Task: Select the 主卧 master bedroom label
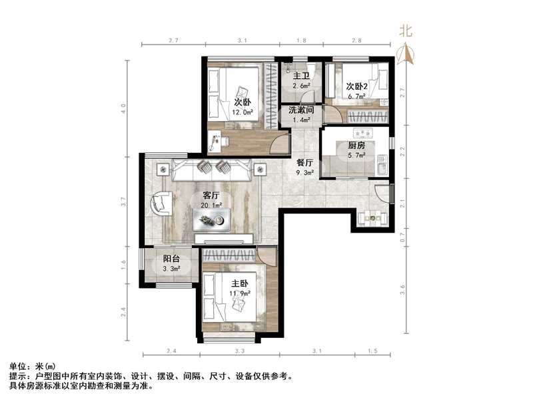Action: click(231, 282)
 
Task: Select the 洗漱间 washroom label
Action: click(300, 110)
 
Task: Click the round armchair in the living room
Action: click(161, 202)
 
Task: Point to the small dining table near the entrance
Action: click(371, 217)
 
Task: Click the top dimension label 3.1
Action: click(242, 41)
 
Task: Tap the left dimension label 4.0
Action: click(123, 108)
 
